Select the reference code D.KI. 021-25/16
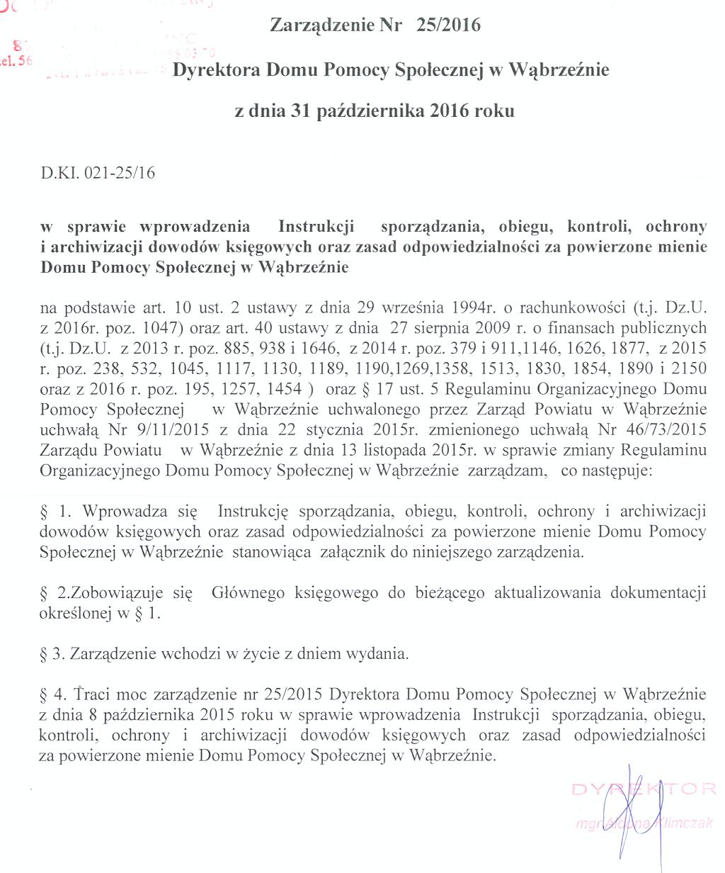click(98, 173)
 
